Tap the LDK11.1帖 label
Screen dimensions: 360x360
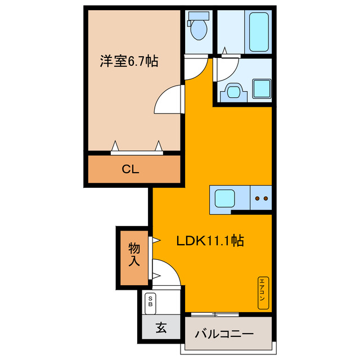coord(210,241)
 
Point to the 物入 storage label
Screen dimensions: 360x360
coord(134,254)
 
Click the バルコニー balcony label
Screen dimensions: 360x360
coord(224,333)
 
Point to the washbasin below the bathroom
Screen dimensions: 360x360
coord(232,91)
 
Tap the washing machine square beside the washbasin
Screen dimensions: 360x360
coord(261,89)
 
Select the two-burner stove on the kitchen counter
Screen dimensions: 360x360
coord(262,199)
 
